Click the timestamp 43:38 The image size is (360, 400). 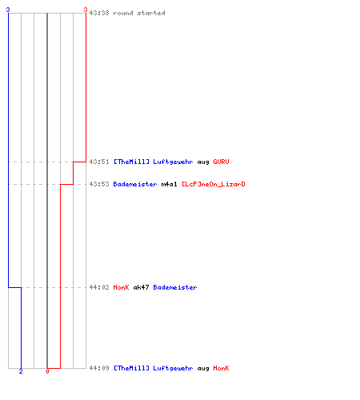(x=99, y=13)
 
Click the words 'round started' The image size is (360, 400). (x=139, y=13)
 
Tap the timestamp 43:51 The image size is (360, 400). (x=99, y=162)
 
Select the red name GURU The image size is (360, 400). (x=221, y=162)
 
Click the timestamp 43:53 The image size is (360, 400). (x=99, y=184)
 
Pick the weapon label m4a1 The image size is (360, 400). (x=169, y=184)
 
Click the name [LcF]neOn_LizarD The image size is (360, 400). (x=214, y=184)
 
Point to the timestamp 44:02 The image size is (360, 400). (x=99, y=287)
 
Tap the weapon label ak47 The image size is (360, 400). (x=141, y=287)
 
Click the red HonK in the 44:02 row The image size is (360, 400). (x=121, y=287)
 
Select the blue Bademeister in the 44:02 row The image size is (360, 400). (x=175, y=287)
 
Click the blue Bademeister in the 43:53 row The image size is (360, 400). (x=135, y=184)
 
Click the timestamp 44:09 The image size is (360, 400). (x=99, y=368)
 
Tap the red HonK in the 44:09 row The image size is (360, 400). (x=221, y=368)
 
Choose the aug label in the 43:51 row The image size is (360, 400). (x=203, y=162)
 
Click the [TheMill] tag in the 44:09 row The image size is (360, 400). (x=131, y=368)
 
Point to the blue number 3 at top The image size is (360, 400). (x=8, y=10)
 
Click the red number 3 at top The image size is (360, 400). (x=86, y=10)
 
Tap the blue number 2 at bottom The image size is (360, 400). (x=21, y=371)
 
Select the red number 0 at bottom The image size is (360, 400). (x=47, y=371)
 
